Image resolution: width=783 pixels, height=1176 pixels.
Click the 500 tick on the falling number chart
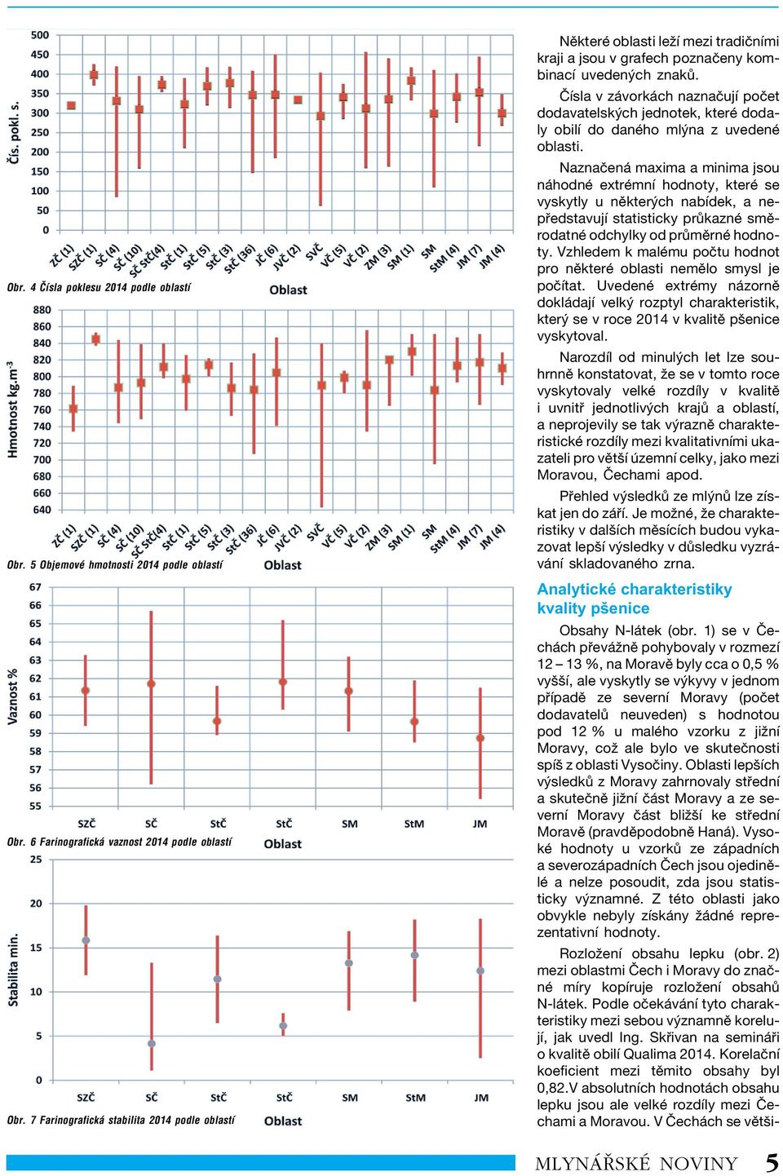pyautogui.click(x=40, y=35)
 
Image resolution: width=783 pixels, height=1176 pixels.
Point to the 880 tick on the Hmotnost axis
pyautogui.click(x=42, y=310)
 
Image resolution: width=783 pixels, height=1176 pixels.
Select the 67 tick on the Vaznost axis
pyautogui.click(x=35, y=587)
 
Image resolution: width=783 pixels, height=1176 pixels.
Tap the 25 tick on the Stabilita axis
pyautogui.click(x=36, y=860)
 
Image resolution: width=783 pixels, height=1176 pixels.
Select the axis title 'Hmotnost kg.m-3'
pyautogui.click(x=13, y=409)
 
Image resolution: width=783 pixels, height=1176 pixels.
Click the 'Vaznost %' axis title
pyautogui.click(x=13, y=696)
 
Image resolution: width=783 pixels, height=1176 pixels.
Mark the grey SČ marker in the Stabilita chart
pyautogui.click(x=151, y=1044)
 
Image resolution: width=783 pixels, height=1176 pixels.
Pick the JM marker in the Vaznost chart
pyautogui.click(x=480, y=738)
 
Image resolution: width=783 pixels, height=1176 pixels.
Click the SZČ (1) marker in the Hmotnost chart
pyautogui.click(x=95, y=339)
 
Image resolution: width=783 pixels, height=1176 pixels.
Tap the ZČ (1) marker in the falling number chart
pyautogui.click(x=72, y=105)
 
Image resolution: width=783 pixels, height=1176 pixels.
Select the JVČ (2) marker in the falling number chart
pyautogui.click(x=298, y=99)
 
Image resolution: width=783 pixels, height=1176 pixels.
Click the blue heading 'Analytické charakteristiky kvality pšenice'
pyautogui.click(x=635, y=599)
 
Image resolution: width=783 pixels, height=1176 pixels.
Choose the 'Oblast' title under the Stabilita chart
pyautogui.click(x=283, y=1121)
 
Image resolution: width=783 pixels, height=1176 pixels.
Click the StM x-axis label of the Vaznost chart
pyautogui.click(x=414, y=825)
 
